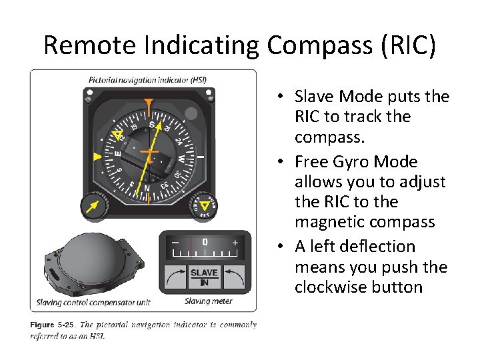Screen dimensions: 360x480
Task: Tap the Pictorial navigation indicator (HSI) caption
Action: (148, 80)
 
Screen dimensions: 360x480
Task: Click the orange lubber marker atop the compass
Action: (149, 103)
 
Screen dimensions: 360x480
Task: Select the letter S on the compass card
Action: (151, 125)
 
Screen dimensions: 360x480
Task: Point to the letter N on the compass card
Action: (147, 189)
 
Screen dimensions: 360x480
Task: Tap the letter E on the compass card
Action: (117, 153)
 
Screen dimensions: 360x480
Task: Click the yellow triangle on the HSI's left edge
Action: (97, 157)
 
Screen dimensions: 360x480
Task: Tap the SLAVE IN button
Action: (204, 277)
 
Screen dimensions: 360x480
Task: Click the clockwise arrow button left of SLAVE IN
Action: (175, 277)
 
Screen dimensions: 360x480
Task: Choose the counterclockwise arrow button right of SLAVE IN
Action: (233, 277)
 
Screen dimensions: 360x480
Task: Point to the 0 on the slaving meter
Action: (205, 241)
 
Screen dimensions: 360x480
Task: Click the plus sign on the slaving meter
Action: (235, 243)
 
